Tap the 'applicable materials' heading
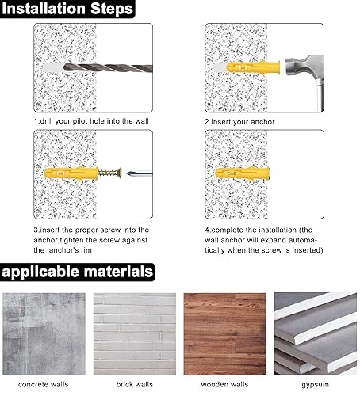(78, 272)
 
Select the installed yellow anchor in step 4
(242, 172)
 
